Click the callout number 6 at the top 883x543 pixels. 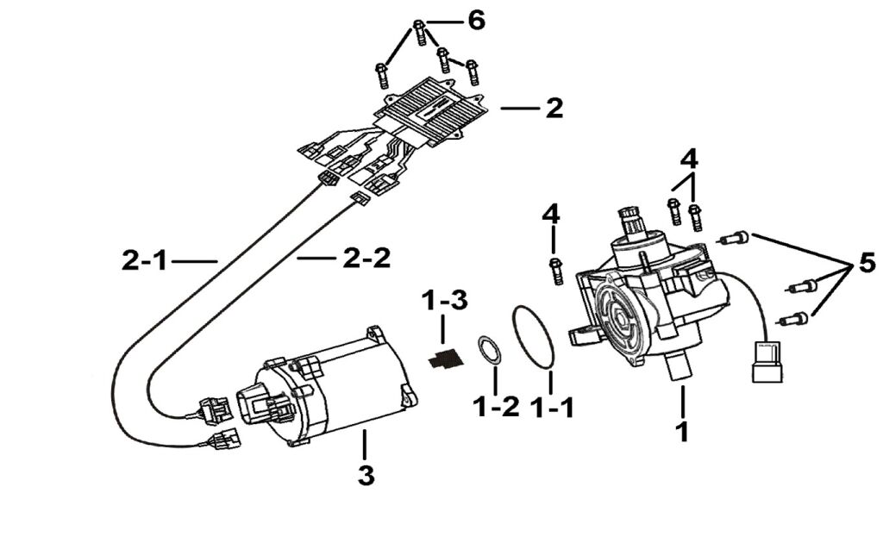click(x=475, y=20)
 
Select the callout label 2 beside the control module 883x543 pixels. click(x=554, y=109)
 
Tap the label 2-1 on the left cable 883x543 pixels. click(x=146, y=259)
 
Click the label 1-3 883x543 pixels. click(x=445, y=303)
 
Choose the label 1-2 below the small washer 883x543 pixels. click(x=497, y=406)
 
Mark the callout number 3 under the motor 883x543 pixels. click(x=366, y=473)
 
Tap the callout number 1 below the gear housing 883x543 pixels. click(x=682, y=430)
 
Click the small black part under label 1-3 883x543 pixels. click(x=445, y=359)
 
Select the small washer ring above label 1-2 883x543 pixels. click(x=491, y=353)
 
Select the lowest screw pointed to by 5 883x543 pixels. click(x=794, y=319)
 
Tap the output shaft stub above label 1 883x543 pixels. click(x=681, y=368)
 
